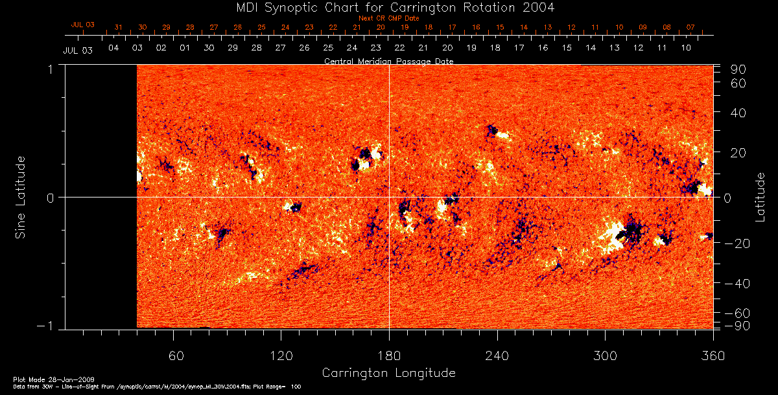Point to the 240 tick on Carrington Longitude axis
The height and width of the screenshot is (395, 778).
coord(497,356)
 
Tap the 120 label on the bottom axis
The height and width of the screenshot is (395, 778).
coord(281,356)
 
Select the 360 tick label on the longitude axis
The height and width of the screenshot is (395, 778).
coord(713,356)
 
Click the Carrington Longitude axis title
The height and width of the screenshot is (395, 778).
coord(388,373)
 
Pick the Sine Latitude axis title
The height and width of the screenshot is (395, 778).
coord(21,196)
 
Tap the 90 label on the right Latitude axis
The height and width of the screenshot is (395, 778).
coord(738,69)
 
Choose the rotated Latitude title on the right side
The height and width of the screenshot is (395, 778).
coord(760,196)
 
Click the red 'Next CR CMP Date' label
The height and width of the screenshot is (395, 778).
coord(388,19)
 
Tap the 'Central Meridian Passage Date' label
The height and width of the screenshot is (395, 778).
coord(388,61)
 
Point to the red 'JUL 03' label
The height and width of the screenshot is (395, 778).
coord(82,25)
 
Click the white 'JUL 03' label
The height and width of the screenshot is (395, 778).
coord(78,50)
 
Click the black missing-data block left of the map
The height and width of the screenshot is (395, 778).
coord(101,196)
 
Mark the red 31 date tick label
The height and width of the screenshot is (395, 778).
coord(118,28)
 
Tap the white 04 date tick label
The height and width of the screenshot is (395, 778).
coord(113,49)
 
